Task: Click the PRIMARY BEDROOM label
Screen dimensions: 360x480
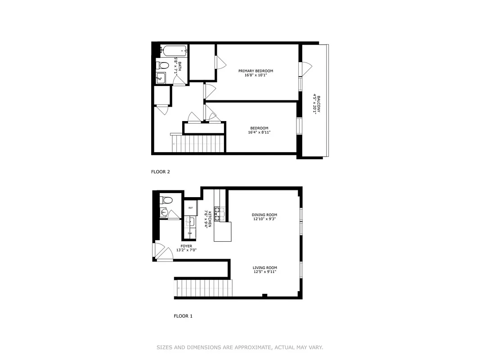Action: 256,71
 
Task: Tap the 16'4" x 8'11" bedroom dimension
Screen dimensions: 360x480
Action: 259,132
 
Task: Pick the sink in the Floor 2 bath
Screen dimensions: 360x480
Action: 160,78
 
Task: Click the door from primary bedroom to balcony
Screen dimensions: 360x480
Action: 305,68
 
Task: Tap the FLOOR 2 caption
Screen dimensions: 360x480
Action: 160,171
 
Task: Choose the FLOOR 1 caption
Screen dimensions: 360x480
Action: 183,316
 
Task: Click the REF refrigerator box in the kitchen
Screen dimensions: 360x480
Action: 190,208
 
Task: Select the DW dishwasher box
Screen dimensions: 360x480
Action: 190,233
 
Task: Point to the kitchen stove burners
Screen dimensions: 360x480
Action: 219,214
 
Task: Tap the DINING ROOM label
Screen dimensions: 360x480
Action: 265,215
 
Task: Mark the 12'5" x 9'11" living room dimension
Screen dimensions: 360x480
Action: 265,271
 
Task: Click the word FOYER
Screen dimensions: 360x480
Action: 186,246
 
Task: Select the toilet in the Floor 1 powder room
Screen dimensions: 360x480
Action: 166,199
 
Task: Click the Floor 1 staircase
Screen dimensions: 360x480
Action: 205,288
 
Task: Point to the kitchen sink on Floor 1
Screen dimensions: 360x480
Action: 190,221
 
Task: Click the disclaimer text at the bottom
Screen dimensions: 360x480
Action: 240,347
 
